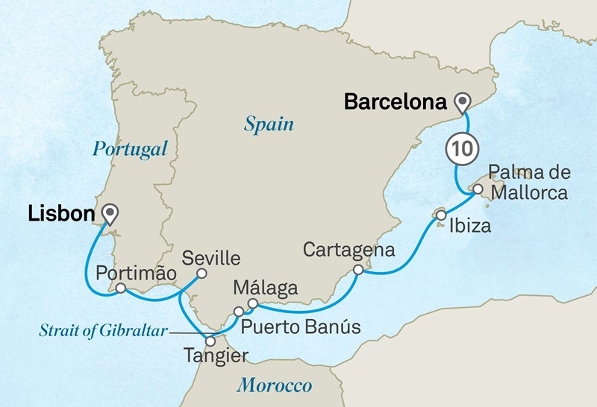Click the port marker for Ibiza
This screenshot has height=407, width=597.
tap(441, 215)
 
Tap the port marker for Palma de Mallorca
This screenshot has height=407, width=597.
tap(477, 189)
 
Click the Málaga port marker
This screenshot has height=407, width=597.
tap(252, 303)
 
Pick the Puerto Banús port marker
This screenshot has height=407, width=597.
tap(238, 312)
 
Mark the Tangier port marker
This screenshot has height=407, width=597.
tap(210, 341)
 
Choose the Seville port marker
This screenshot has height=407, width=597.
tap(201, 274)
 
